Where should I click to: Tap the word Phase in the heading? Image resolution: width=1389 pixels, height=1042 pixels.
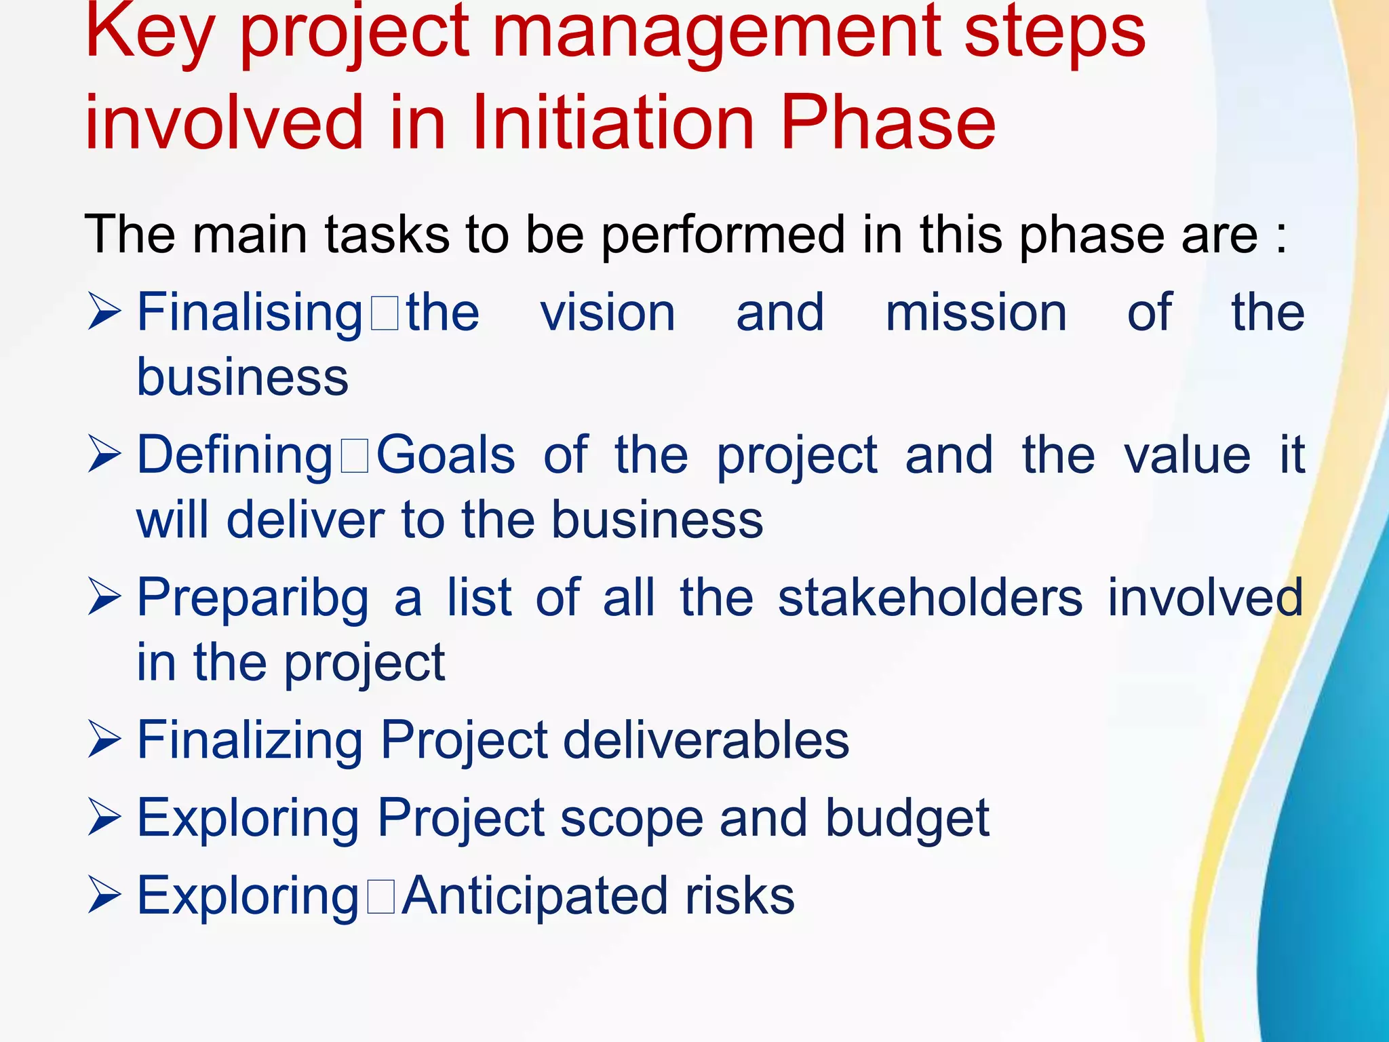point(888,122)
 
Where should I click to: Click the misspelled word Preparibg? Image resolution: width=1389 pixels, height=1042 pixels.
point(253,598)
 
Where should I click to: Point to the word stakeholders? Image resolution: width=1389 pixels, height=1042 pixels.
point(930,598)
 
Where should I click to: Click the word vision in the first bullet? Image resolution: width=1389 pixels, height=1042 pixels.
point(608,313)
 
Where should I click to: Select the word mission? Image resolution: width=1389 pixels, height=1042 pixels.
point(976,313)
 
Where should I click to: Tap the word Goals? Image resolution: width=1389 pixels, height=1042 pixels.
point(446,455)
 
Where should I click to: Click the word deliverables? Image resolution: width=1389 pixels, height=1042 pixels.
point(706,740)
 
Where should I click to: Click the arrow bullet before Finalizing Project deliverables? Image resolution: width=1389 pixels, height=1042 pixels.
point(104,741)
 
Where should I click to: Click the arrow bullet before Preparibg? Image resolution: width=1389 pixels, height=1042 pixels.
point(104,598)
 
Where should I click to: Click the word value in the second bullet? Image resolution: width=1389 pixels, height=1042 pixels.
point(1187,455)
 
